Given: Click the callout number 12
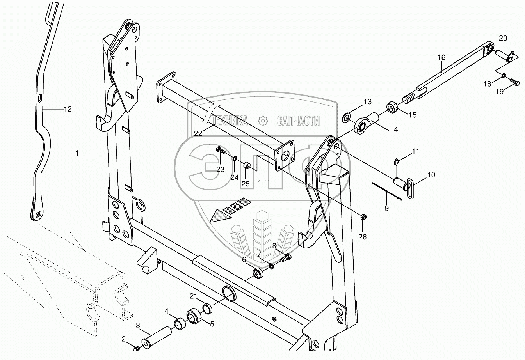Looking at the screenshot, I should [68, 109].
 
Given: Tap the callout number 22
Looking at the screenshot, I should [198, 133].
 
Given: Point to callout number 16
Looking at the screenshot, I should [441, 57].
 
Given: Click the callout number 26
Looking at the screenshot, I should [362, 236].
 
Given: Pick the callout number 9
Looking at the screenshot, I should [386, 208].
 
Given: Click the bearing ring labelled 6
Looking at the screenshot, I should [258, 273].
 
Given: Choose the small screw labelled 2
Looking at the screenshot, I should [137, 348].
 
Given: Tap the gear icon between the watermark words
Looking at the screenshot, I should [263, 121].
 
